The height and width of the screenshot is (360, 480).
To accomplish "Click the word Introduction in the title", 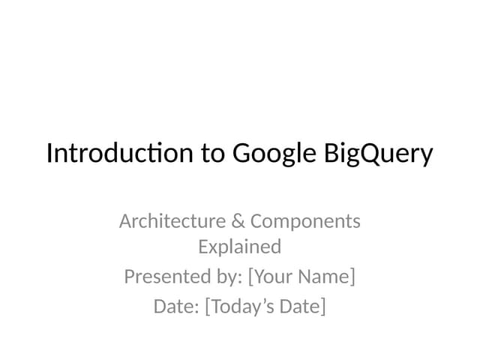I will (x=120, y=153).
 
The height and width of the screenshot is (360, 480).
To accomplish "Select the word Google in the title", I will (x=275, y=154).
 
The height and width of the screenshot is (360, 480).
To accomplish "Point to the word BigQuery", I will (x=379, y=154).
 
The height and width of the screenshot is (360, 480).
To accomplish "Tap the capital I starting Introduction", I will (x=49, y=153).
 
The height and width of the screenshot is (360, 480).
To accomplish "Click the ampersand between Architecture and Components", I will (x=238, y=221).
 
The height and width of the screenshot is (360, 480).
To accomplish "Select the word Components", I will (x=305, y=222).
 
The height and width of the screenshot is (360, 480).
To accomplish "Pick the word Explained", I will (x=240, y=247).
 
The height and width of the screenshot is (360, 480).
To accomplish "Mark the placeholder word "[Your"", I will (x=269, y=277).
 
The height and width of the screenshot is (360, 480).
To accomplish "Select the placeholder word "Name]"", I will (x=326, y=277).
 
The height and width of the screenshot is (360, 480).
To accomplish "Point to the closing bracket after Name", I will (x=352, y=277).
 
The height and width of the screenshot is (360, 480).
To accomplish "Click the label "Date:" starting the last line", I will (x=176, y=307).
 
